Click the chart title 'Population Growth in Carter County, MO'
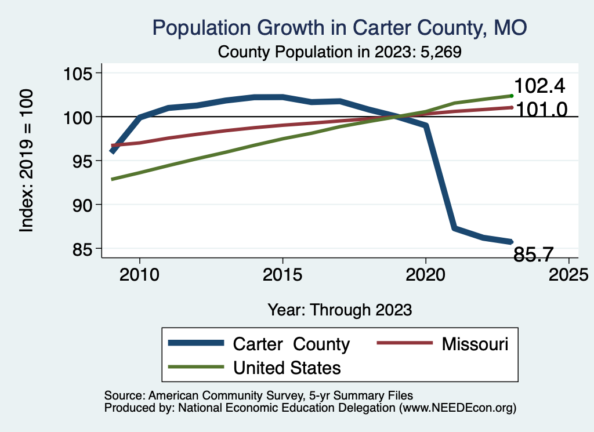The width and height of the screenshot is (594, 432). [339, 28]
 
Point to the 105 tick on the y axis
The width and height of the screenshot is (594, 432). [77, 74]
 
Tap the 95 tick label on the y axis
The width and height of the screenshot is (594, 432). [82, 161]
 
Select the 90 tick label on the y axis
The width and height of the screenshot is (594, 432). [82, 205]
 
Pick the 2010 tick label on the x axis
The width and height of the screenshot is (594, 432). [139, 274]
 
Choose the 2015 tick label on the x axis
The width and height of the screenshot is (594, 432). [282, 274]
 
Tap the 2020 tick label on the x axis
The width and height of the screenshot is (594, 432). [426, 274]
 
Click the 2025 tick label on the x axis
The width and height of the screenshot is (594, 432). [568, 274]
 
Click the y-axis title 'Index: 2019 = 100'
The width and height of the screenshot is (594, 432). [26, 161]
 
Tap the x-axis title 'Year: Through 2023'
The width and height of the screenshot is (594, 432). [339, 310]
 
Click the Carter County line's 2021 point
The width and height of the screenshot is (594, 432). [454, 228]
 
